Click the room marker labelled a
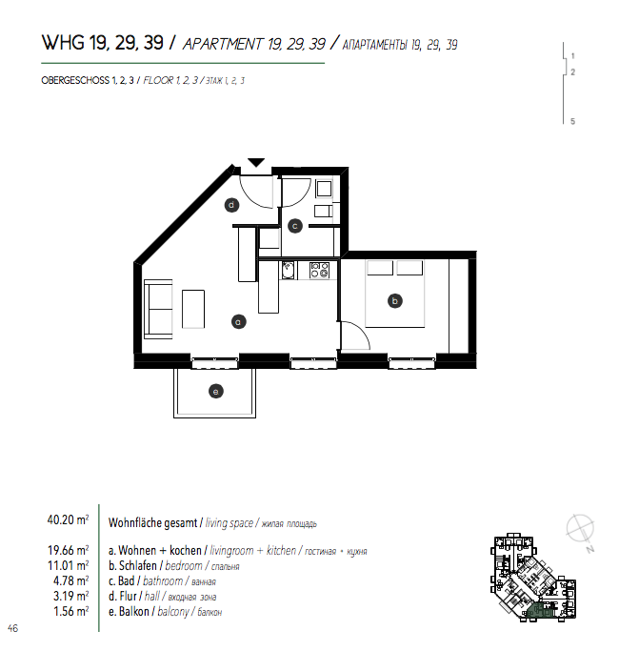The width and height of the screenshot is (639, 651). pos(238,322)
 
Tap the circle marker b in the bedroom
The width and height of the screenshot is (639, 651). pos(395,301)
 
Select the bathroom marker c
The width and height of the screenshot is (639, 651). pos(295,226)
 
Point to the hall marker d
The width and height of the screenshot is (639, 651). pos(231,205)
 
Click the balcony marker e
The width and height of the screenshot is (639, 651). pos(216,391)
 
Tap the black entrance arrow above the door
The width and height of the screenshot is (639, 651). pos(256,162)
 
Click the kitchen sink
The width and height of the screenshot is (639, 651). pos(288,270)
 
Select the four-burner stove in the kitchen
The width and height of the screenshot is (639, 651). pos(320,270)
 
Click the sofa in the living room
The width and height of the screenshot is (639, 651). pos(158,309)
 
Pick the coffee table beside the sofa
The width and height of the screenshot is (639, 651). pos(193,310)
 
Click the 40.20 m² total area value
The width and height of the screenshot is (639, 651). pos(68,519)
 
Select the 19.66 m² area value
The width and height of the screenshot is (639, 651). pos(68,550)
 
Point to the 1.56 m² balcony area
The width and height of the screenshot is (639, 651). pos(71,611)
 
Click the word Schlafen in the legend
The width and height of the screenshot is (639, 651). pos(138,565)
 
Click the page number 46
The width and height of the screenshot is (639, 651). pos(13,628)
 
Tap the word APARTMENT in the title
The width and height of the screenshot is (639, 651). pos(223,44)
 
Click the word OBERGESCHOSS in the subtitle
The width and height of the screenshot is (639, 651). pos(75,81)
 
